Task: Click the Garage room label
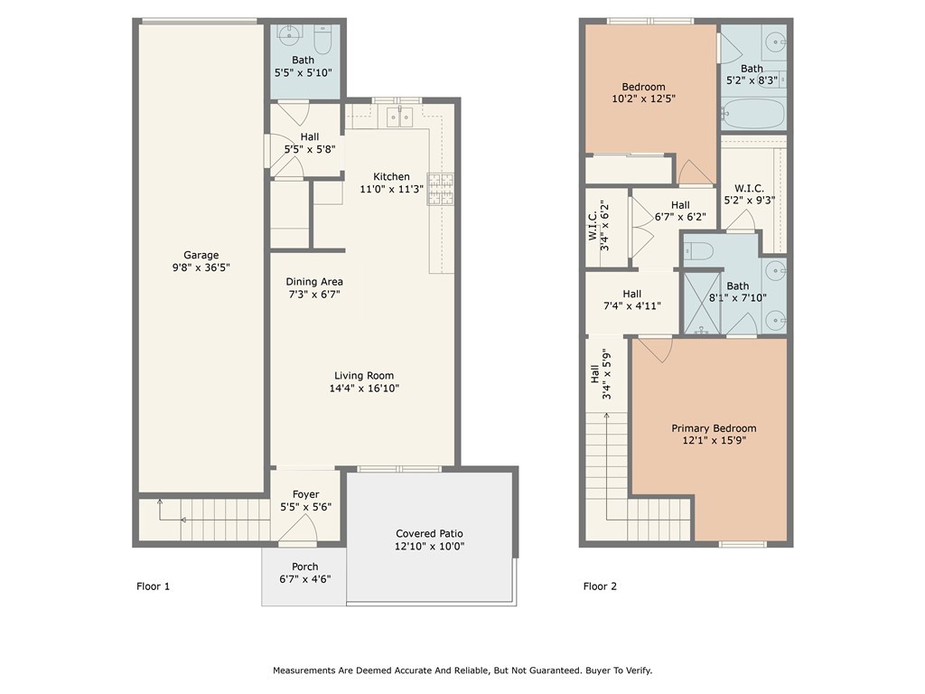coord(201,256)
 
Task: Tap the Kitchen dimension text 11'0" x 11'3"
coord(391,190)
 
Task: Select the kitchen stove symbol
coord(440,188)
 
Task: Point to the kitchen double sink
coord(398,116)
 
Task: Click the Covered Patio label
coord(429,534)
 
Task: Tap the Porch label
coord(304,567)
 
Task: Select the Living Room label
coord(364,376)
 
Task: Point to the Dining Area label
coord(314,282)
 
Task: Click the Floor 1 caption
coord(153,586)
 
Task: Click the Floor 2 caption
coord(600,586)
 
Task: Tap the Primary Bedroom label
coord(714,428)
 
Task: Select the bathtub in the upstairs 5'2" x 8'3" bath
coord(752,115)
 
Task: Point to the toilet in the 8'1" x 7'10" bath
coord(700,249)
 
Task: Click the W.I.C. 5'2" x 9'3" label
coord(749,188)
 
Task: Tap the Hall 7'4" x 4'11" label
coord(631,294)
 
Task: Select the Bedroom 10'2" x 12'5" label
coord(643,87)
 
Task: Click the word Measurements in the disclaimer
coord(307,671)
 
